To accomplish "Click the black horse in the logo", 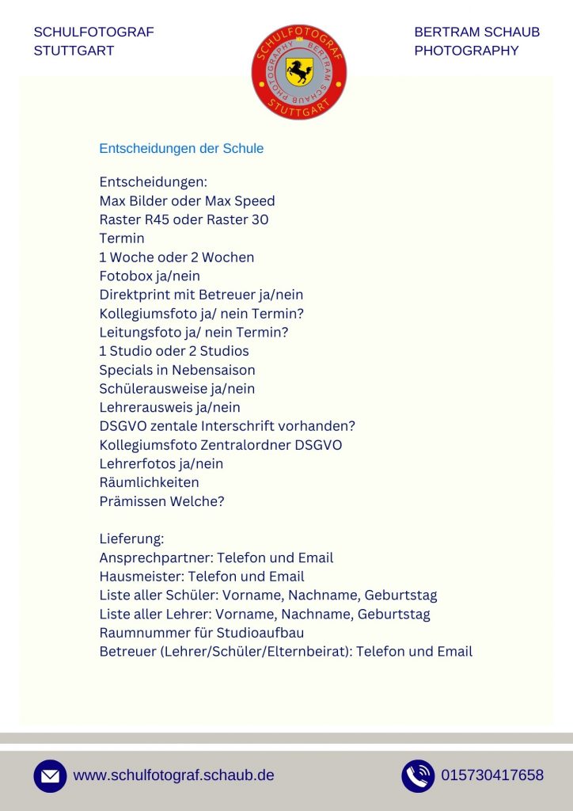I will point(299,72).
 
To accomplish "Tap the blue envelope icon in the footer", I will point(50,776).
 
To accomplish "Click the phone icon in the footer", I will point(418,776).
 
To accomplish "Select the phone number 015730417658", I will point(492,775).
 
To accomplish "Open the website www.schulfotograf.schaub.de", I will point(173,775).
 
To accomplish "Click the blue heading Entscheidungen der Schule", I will point(181,149).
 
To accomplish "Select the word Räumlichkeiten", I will point(149,482).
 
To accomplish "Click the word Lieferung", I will point(130,539).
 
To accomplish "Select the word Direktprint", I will point(132,295).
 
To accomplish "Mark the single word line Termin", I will point(122,238).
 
